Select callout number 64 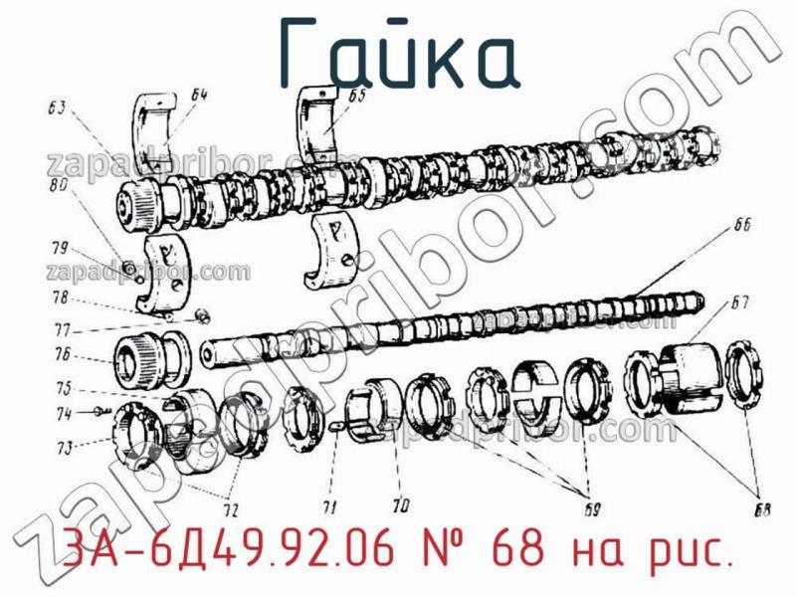pyautogui.click(x=198, y=96)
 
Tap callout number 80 pyautogui.click(x=58, y=184)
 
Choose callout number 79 pyautogui.click(x=59, y=248)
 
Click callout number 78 pyautogui.click(x=61, y=298)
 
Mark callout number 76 pyautogui.click(x=62, y=354)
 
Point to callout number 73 pyautogui.click(x=65, y=449)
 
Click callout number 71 pyautogui.click(x=329, y=506)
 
